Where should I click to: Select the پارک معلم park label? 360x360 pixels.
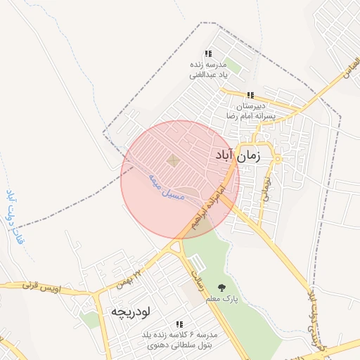(222, 300)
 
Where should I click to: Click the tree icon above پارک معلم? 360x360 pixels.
(222, 287)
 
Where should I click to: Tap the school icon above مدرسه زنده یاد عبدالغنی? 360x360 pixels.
(207, 53)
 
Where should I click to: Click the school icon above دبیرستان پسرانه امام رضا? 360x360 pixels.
(250, 95)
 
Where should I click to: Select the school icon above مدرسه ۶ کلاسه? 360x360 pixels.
(179, 324)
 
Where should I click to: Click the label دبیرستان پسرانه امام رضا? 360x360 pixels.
(250, 109)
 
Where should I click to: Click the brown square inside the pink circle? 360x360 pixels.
(173, 162)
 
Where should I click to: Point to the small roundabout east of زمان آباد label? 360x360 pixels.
(278, 159)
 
